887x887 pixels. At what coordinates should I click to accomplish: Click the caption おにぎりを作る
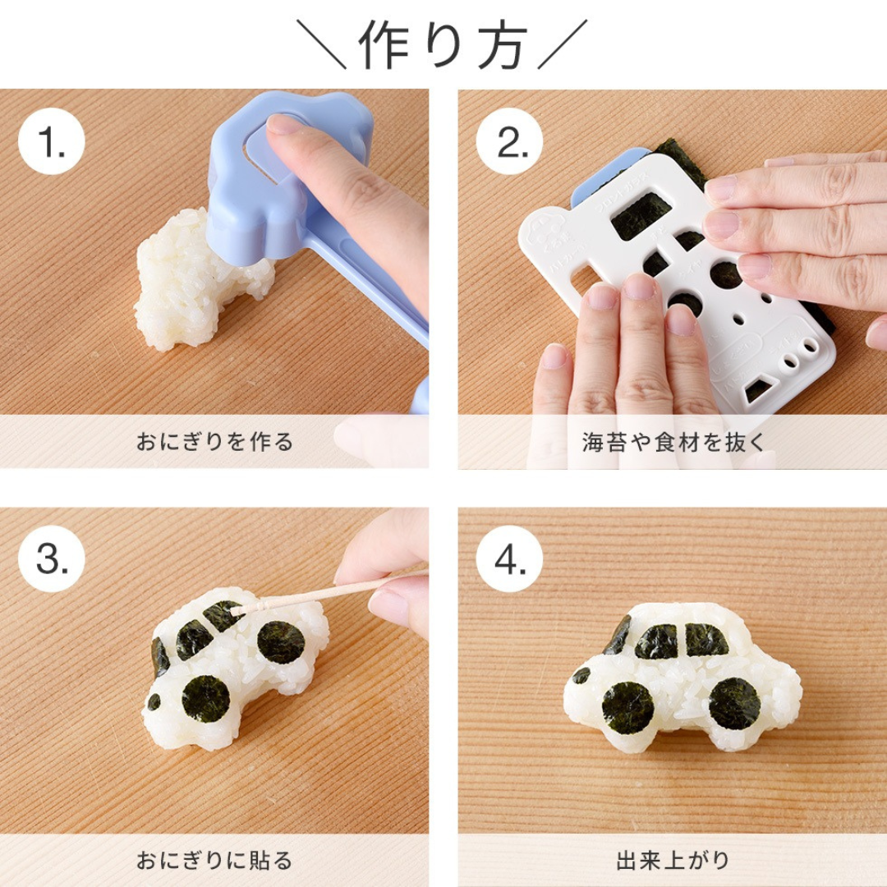click(x=214, y=442)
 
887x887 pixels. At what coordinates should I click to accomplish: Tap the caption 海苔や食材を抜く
click(x=673, y=442)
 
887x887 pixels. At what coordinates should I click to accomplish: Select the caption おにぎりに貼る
click(x=214, y=860)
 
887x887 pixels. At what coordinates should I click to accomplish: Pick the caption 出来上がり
click(x=673, y=860)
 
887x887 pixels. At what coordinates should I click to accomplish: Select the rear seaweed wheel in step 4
click(x=734, y=702)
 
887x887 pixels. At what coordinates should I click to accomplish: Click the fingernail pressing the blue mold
click(x=283, y=126)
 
